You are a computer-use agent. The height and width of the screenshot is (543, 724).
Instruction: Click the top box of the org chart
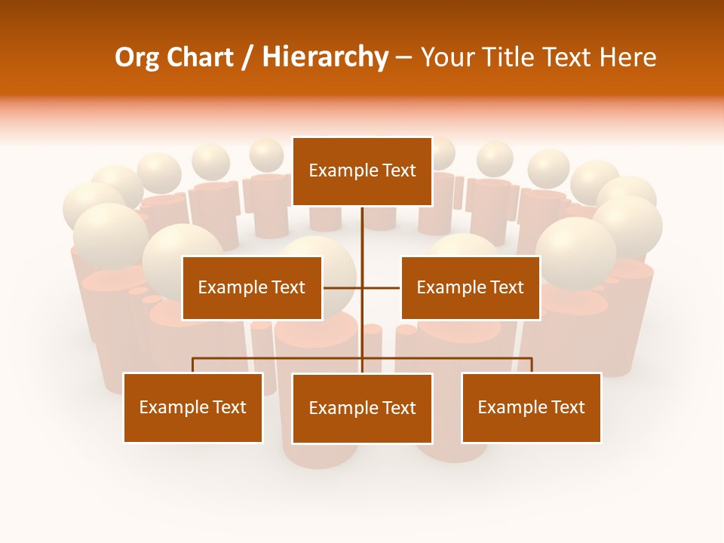(362, 171)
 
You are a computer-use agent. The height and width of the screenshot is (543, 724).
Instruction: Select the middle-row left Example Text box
(252, 288)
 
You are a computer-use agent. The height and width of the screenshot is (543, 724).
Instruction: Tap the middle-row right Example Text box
(470, 288)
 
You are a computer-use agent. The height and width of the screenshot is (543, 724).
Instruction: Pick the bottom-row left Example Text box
(193, 408)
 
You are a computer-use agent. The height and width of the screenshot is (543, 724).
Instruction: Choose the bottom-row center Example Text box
(362, 409)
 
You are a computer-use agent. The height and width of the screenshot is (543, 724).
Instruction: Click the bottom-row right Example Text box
(532, 408)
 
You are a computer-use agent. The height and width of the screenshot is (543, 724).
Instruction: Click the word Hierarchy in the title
(325, 57)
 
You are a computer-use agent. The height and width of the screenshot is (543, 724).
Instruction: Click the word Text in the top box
(399, 171)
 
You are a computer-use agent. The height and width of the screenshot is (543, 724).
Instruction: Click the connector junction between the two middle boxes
(362, 288)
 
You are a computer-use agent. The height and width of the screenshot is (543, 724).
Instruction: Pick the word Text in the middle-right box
(507, 288)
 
